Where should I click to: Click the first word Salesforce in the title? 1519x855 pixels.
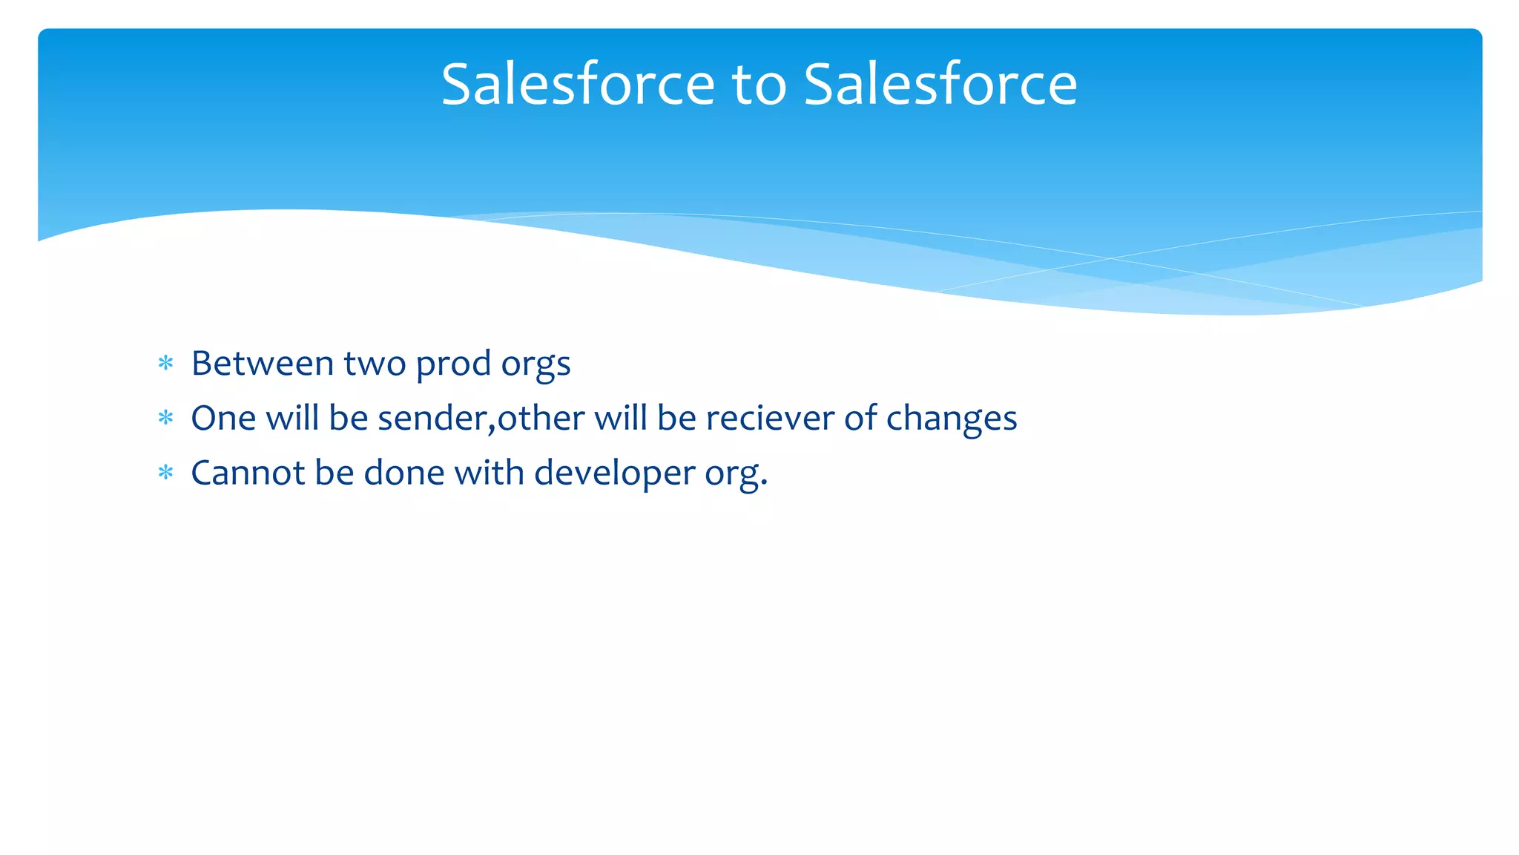click(578, 84)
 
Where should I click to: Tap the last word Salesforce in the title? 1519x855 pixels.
click(940, 84)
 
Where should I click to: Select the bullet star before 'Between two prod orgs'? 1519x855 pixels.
click(165, 363)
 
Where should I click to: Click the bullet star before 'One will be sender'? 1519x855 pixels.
click(165, 418)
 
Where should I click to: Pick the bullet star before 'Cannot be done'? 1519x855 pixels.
click(165, 473)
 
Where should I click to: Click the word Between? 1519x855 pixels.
click(263, 363)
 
